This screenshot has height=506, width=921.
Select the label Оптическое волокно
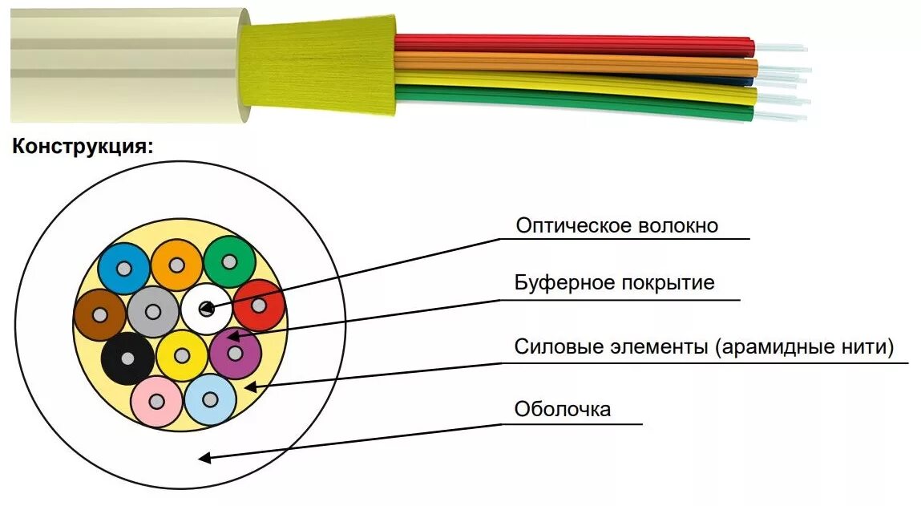coord(616,226)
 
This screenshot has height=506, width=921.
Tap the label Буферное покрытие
coord(614,283)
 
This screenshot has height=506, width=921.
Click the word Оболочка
coord(562,410)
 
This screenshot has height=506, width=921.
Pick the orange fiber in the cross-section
coord(176,264)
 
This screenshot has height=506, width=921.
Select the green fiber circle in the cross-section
coord(229,262)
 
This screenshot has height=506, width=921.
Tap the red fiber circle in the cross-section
coord(259,306)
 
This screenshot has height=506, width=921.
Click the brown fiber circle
coord(99,314)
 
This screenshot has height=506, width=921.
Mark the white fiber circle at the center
coord(206,308)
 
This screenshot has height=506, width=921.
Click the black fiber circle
coord(128,358)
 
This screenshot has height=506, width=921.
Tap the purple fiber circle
coord(235,353)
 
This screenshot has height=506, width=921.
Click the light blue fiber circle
coord(210,399)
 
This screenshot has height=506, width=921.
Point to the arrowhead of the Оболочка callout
coord(204,458)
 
